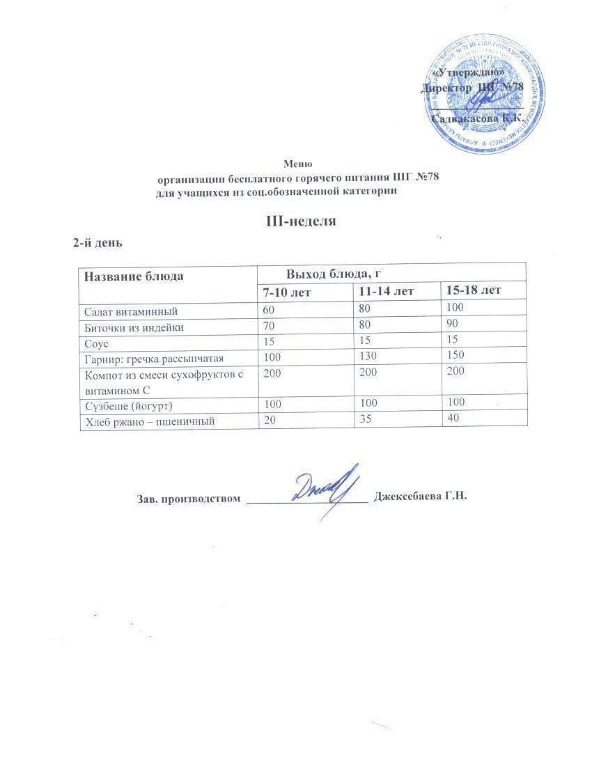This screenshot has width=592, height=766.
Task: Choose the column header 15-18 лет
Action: [474, 289]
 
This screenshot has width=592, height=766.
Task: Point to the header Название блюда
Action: [134, 276]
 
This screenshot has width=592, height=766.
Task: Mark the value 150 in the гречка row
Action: [456, 356]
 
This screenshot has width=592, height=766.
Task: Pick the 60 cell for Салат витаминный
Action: [270, 309]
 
